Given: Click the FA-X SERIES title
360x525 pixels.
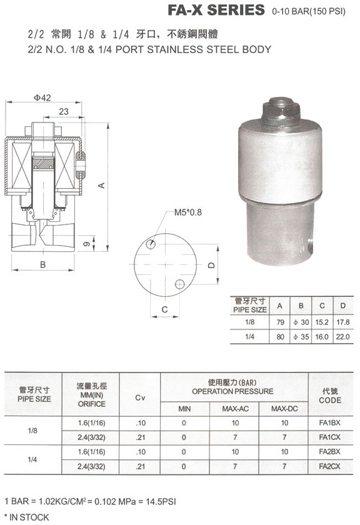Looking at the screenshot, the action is [216, 10].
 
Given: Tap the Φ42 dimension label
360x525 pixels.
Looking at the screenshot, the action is [42, 97].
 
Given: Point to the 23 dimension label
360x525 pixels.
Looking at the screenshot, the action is [64, 111].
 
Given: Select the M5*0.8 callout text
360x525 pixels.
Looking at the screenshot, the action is [188, 212].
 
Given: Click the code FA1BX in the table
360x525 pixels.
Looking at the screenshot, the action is [329, 422].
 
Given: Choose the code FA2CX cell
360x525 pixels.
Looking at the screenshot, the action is [329, 466].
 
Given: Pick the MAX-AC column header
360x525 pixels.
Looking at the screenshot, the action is [235, 409].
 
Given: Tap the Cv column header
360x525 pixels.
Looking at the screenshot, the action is [141, 397].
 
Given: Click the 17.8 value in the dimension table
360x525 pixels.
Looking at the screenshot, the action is [343, 322].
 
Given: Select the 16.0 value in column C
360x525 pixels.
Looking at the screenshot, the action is [322, 337].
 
